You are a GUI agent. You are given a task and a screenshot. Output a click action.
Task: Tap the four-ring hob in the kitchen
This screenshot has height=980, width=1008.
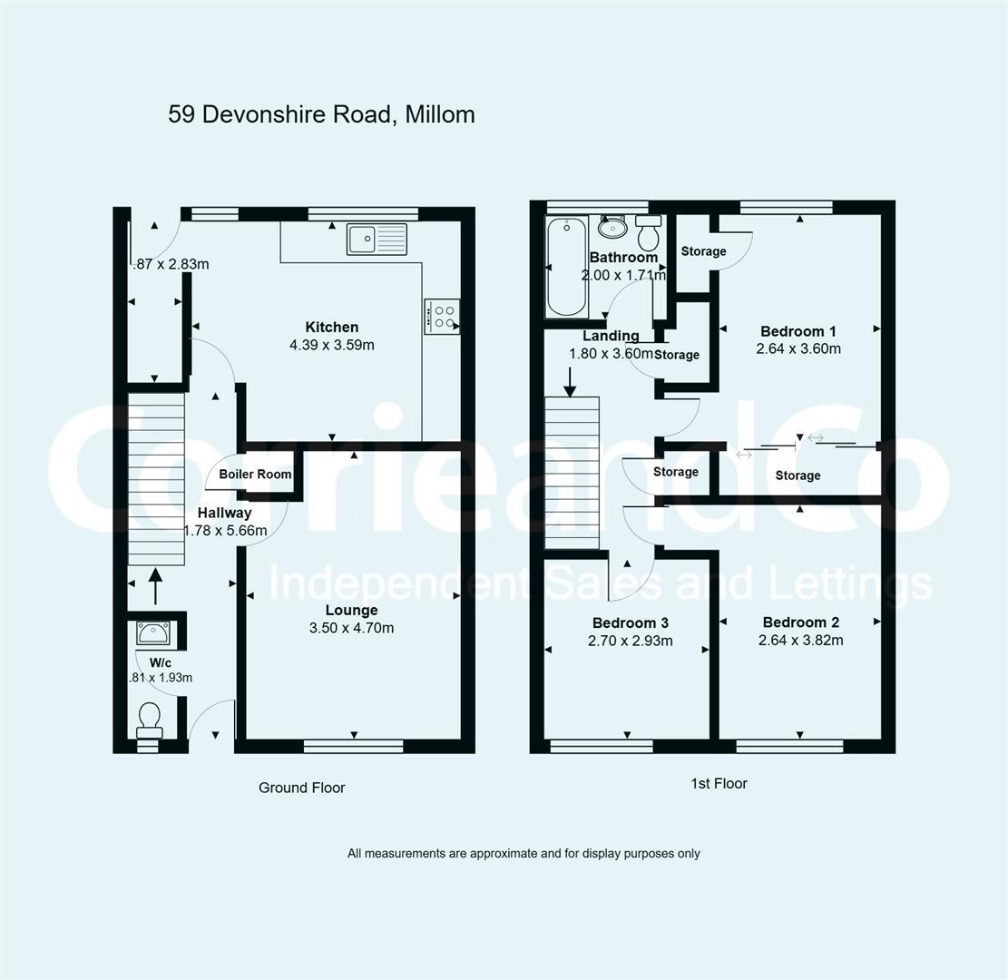442,317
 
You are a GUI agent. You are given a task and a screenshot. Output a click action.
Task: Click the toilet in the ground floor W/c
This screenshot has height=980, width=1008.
149,720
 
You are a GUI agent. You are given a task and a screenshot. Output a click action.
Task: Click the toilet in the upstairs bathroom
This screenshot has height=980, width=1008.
649,233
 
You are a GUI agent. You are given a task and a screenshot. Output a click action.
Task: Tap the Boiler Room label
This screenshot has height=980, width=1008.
255,474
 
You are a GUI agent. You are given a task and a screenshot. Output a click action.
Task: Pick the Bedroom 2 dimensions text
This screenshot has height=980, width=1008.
801,640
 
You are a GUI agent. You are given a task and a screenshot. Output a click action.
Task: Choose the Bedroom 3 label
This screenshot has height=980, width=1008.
631,622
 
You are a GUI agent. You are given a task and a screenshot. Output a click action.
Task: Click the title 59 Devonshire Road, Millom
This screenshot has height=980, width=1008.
321,114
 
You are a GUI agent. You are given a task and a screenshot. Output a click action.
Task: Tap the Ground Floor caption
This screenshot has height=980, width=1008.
301,788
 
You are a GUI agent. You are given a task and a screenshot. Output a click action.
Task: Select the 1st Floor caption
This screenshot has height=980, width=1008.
719,783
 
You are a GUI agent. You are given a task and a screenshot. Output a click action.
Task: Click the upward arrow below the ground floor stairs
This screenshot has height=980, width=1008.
154,585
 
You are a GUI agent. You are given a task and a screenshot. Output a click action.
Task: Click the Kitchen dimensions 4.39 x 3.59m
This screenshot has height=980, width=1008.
331,345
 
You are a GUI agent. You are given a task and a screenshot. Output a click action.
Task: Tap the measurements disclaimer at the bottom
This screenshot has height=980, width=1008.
524,853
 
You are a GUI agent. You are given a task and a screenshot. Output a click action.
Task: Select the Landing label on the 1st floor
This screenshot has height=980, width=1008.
611,337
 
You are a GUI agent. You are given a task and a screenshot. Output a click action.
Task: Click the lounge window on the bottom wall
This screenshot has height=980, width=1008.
353,746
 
